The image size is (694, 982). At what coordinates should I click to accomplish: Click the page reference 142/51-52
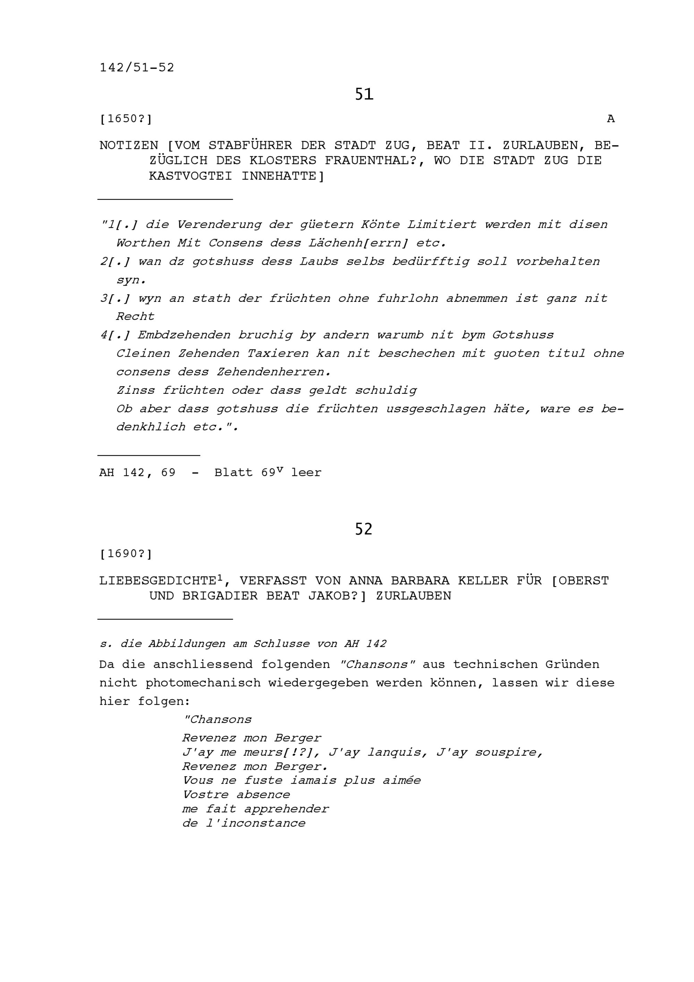tap(137, 68)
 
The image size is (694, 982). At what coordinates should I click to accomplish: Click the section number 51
tap(364, 94)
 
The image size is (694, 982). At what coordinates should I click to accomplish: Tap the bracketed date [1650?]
tap(126, 119)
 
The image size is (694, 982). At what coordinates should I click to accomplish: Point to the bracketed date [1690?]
tap(126, 554)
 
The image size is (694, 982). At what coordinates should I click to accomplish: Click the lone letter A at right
tap(611, 119)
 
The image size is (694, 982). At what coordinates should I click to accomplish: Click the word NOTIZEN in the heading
tap(129, 145)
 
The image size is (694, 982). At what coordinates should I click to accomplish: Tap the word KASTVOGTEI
tap(190, 176)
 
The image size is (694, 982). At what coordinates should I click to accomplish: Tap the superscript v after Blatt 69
tap(280, 469)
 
